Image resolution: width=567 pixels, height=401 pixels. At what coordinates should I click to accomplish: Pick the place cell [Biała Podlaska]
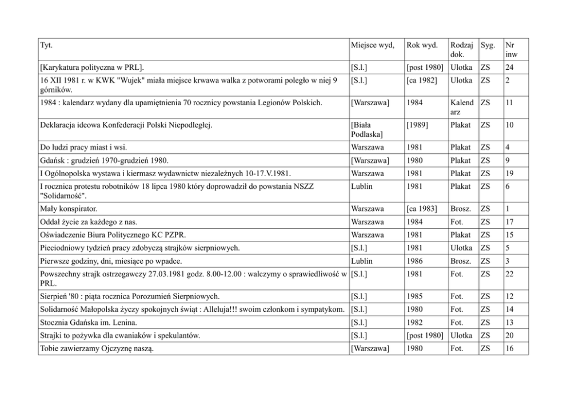coord(367,130)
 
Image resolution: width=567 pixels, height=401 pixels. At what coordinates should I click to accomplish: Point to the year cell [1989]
coord(418,125)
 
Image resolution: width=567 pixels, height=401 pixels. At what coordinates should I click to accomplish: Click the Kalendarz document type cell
coord(462,107)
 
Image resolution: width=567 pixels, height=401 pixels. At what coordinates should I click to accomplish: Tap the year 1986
coord(415,261)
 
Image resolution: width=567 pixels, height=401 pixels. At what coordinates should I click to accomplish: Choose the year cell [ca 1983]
coord(422,209)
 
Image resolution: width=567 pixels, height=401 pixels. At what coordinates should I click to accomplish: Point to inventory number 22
coord(511,274)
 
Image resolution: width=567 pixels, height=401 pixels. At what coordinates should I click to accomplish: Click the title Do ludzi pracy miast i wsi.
coord(83,147)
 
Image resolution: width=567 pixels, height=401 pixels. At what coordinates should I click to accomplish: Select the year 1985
coord(415,296)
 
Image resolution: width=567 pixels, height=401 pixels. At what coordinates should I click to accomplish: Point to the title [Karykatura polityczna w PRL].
coord(91,67)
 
